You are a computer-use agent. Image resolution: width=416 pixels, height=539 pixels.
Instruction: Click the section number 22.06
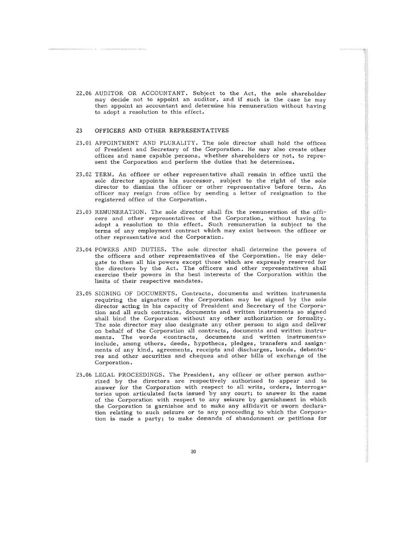(x=84, y=94)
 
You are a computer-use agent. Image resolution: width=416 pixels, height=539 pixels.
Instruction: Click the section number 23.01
(x=84, y=143)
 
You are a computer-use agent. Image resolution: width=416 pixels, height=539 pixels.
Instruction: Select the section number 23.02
(x=84, y=174)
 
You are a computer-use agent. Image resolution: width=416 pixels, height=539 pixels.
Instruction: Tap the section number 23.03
(x=84, y=212)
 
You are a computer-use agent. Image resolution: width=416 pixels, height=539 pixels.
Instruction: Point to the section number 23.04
(x=84, y=249)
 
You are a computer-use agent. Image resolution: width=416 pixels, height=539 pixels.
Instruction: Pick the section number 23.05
(x=84, y=293)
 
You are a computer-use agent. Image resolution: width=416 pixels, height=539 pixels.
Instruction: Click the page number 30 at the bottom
(x=193, y=452)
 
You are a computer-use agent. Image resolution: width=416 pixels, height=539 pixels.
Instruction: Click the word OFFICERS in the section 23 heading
(x=111, y=131)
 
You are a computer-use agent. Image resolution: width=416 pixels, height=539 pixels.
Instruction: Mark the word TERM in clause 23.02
(x=103, y=174)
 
